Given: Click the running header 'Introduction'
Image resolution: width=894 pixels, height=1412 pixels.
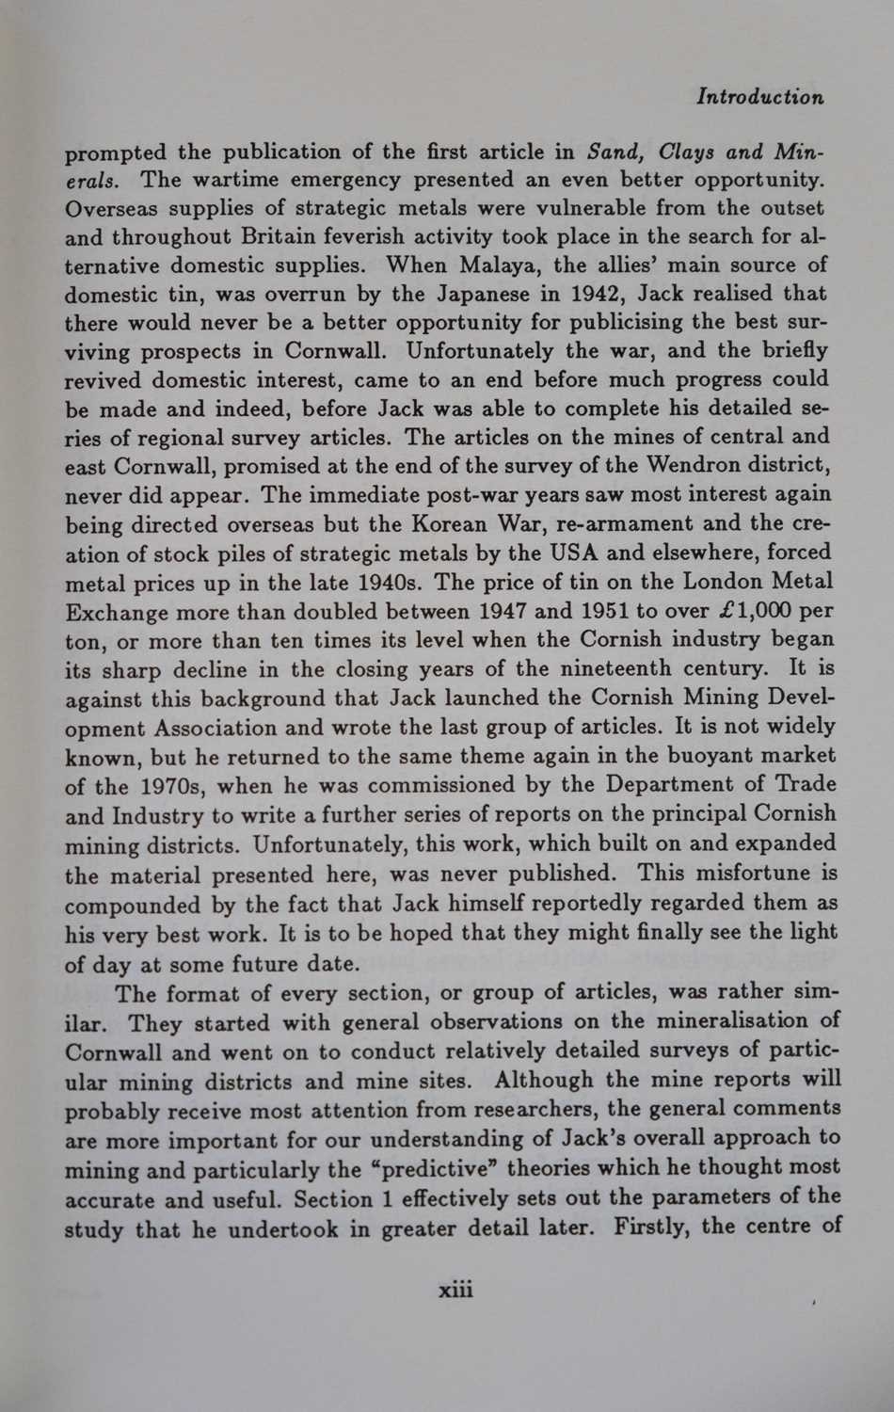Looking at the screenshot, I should [760, 96].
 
